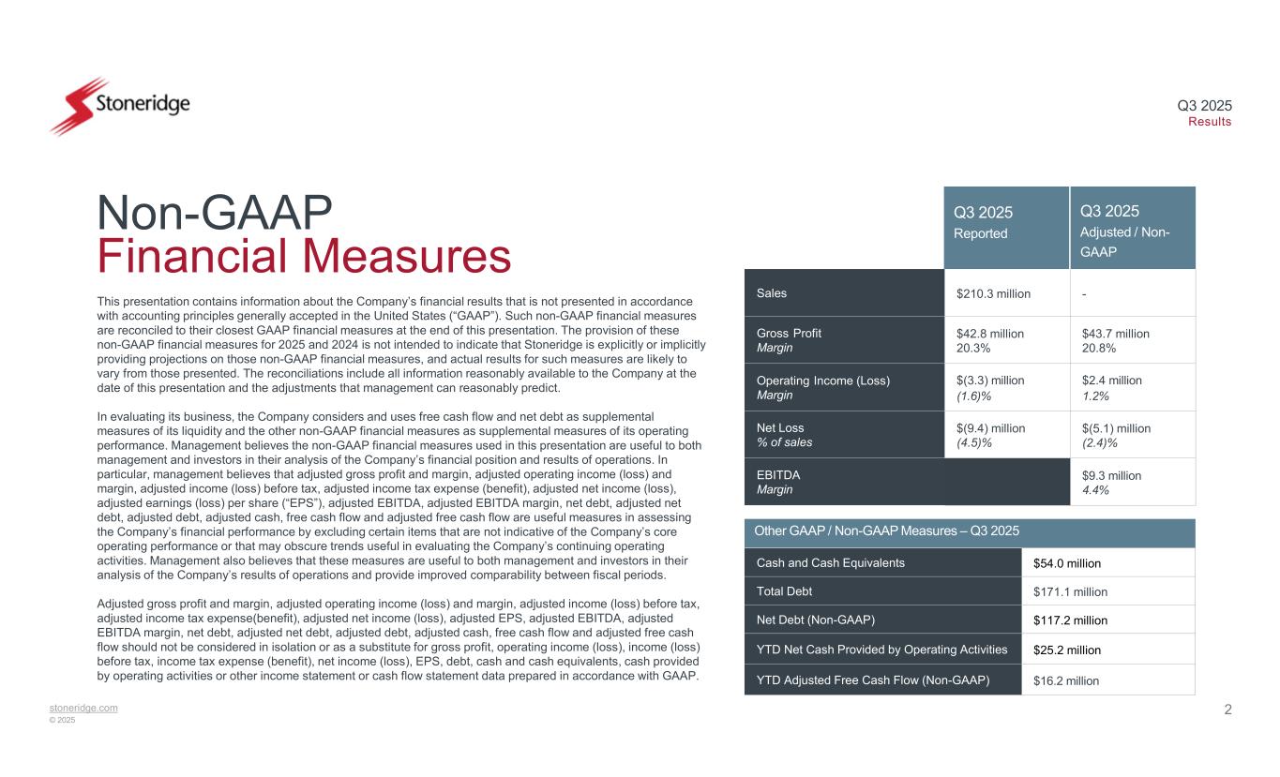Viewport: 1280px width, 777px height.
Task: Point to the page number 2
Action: coord(1227,710)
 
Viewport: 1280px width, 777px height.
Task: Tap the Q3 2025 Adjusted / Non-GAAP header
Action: coord(1132,228)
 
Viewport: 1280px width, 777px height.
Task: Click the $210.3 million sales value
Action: coord(993,293)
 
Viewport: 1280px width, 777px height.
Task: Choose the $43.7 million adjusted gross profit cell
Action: coord(1116,334)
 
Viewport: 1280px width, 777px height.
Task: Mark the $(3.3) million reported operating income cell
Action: coord(990,381)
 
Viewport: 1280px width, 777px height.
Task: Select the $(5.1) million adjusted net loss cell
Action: coord(1116,428)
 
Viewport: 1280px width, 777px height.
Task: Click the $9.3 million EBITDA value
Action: coord(1111,476)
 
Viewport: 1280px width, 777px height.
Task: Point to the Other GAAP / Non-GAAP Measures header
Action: coord(887,532)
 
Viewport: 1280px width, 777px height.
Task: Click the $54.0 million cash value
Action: coord(1066,563)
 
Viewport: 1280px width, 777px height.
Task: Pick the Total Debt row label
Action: coord(786,591)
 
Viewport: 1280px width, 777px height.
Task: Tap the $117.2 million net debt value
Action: coord(1070,620)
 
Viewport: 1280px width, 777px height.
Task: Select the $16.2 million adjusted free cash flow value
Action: coord(1066,680)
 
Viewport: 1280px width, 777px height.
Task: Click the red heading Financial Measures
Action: coord(304,257)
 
